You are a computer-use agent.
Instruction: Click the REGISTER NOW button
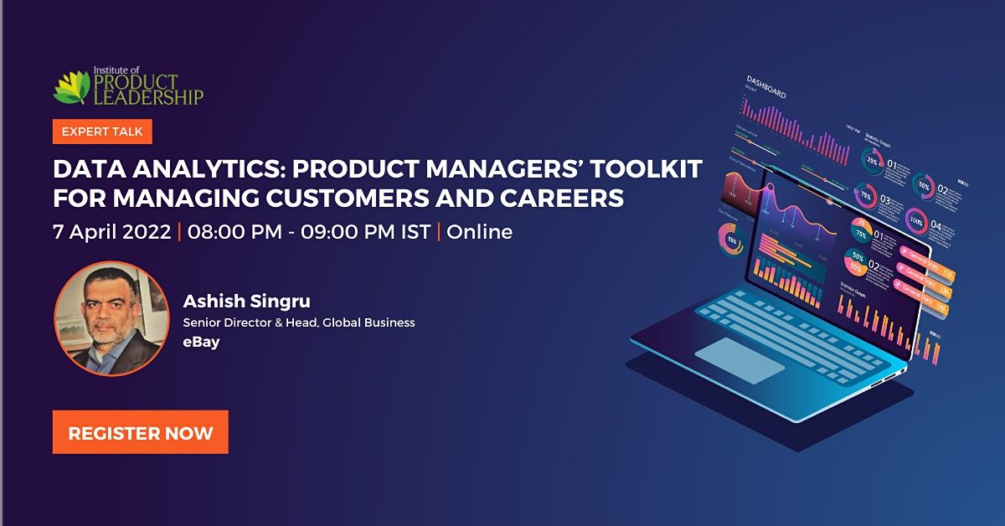point(141,432)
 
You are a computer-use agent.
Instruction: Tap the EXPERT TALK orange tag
point(102,131)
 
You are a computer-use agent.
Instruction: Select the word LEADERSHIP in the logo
point(147,98)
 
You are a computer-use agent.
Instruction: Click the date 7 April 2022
point(112,232)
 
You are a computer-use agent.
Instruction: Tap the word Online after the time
point(479,232)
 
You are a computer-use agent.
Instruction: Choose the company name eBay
point(201,342)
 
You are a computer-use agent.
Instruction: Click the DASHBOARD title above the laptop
point(766,87)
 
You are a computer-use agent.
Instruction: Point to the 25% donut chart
point(872,158)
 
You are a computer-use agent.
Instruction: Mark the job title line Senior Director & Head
point(299,323)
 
